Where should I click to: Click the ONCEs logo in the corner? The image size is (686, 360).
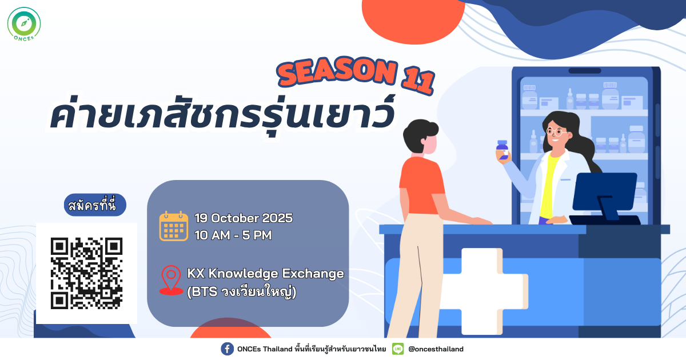(24, 24)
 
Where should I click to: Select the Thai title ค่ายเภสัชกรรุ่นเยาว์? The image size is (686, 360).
(222, 115)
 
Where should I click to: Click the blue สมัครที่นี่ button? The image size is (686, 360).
(95, 205)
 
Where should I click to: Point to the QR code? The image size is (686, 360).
(87, 273)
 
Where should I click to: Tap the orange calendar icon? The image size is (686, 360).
(174, 226)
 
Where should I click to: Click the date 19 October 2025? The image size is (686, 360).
(244, 218)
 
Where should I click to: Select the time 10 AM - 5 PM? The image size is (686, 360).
(233, 235)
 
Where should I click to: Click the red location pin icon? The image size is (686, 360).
(171, 280)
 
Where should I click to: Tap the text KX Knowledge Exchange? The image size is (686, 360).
(265, 273)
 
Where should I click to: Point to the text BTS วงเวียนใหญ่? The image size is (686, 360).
(242, 291)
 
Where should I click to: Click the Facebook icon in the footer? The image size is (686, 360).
(228, 349)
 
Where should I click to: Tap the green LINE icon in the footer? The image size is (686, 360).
(398, 349)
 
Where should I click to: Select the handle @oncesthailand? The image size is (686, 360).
(436, 349)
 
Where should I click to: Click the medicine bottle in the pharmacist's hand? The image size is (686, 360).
(502, 150)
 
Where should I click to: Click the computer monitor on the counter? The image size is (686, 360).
(605, 196)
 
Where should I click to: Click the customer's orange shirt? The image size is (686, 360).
(422, 186)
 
